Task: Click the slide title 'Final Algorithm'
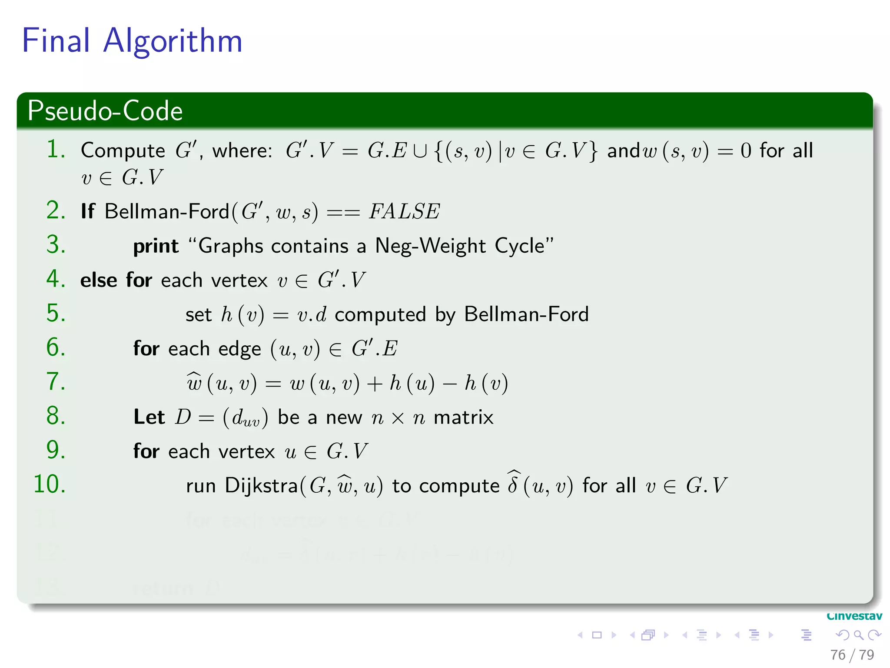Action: (x=132, y=41)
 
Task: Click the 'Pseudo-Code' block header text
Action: (x=105, y=111)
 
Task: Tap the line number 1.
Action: (x=56, y=150)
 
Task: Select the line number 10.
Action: (x=50, y=484)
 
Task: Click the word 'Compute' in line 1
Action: (x=123, y=151)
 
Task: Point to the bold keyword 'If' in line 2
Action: (x=88, y=212)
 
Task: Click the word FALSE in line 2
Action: (x=404, y=212)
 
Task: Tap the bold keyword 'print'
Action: (x=156, y=246)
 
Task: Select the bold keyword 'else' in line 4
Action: (x=99, y=280)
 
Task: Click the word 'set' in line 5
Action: (x=198, y=314)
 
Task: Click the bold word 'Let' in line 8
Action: (x=149, y=417)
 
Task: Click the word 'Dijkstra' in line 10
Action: (x=261, y=486)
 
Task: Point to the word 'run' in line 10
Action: (x=201, y=486)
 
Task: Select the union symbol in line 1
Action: (x=420, y=151)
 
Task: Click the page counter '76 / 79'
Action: (x=852, y=655)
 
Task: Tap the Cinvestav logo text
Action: (x=854, y=616)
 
